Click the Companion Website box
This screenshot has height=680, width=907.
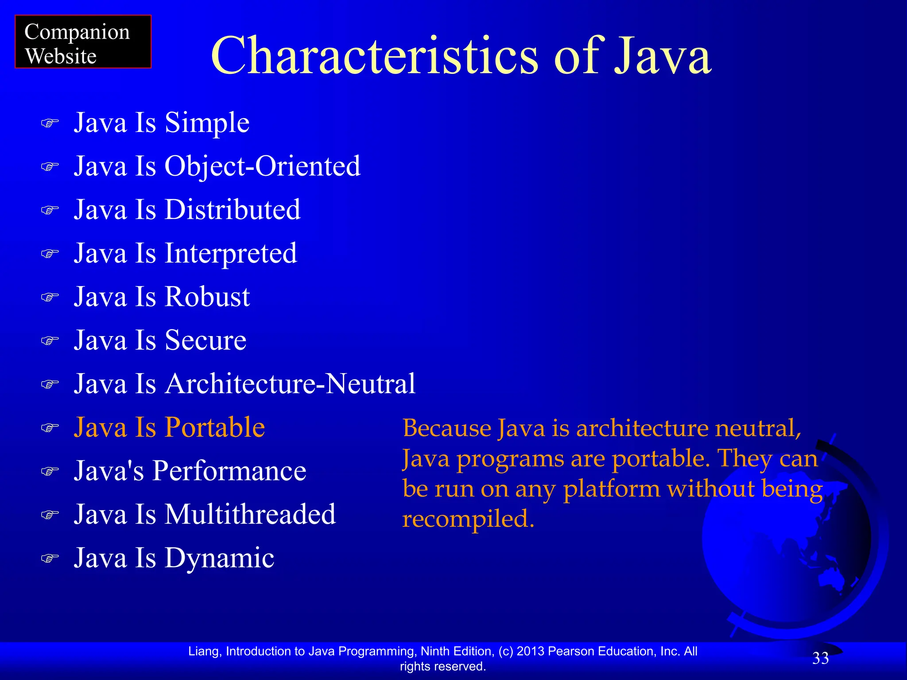[x=83, y=42]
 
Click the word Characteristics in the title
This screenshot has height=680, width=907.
[x=374, y=56]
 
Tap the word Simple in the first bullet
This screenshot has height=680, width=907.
[x=207, y=123]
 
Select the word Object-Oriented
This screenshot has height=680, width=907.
[x=262, y=166]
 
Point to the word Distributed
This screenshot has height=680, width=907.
[x=233, y=210]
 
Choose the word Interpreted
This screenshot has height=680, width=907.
[x=231, y=253]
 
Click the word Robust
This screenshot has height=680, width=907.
[x=207, y=297]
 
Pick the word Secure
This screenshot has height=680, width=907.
[x=205, y=340]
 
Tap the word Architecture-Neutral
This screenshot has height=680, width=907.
[x=290, y=383]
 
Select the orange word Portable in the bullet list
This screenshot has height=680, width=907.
[x=215, y=427]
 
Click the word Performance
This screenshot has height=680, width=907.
[x=229, y=471]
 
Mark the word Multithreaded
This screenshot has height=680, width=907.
[x=250, y=514]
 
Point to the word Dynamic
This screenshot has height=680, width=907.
[x=219, y=558]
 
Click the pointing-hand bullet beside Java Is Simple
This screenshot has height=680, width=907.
[x=50, y=123]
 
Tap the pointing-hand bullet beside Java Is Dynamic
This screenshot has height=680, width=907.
[x=50, y=558]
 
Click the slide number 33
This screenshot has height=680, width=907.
[x=820, y=659]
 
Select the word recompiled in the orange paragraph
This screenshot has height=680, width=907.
[x=468, y=519]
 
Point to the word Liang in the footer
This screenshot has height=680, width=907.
[x=204, y=651]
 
